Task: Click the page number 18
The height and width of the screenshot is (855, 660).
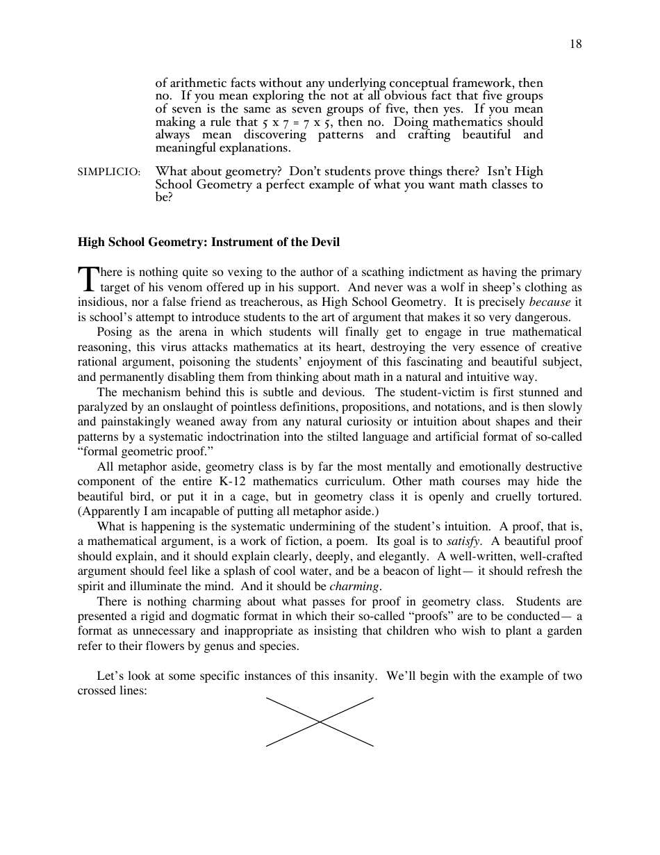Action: [x=576, y=44]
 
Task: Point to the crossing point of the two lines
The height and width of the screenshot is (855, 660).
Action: [x=320, y=722]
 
